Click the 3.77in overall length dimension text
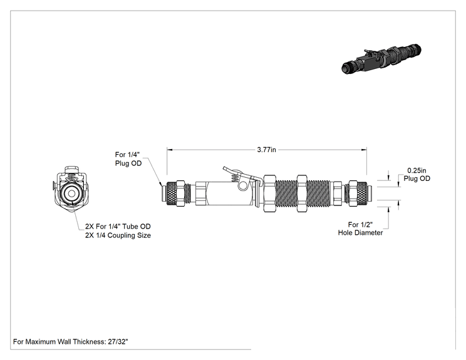266,150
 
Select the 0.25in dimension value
417,170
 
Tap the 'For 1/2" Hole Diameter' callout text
360,229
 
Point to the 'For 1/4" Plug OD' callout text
128,159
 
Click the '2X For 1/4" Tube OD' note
118,227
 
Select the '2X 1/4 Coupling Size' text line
118,235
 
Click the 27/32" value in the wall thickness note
118,342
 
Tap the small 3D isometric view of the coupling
381,58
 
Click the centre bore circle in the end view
71,193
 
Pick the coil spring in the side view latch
234,178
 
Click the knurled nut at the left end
172,193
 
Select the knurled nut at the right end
361,193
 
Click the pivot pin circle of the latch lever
242,186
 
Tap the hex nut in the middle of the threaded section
302,193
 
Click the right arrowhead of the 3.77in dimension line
364,150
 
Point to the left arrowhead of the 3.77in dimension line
170,150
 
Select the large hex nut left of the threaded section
269,193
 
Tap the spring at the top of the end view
71,178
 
